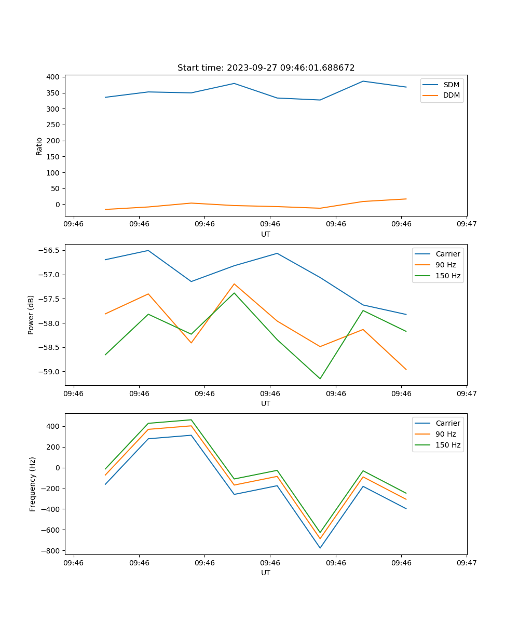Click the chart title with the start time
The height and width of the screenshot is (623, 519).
pos(266,68)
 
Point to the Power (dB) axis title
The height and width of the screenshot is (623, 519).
pos(31,315)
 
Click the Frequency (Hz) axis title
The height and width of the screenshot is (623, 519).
pos(33,484)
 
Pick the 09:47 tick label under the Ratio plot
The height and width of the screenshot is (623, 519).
pos(467,224)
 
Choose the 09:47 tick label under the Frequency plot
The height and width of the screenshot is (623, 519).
pos(467,563)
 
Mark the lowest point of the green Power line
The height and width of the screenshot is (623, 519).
pos(320,378)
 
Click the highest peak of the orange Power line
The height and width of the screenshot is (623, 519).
pos(234,284)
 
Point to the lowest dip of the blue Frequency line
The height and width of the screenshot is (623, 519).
pos(320,548)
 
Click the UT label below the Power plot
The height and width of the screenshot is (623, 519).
pos(266,403)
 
